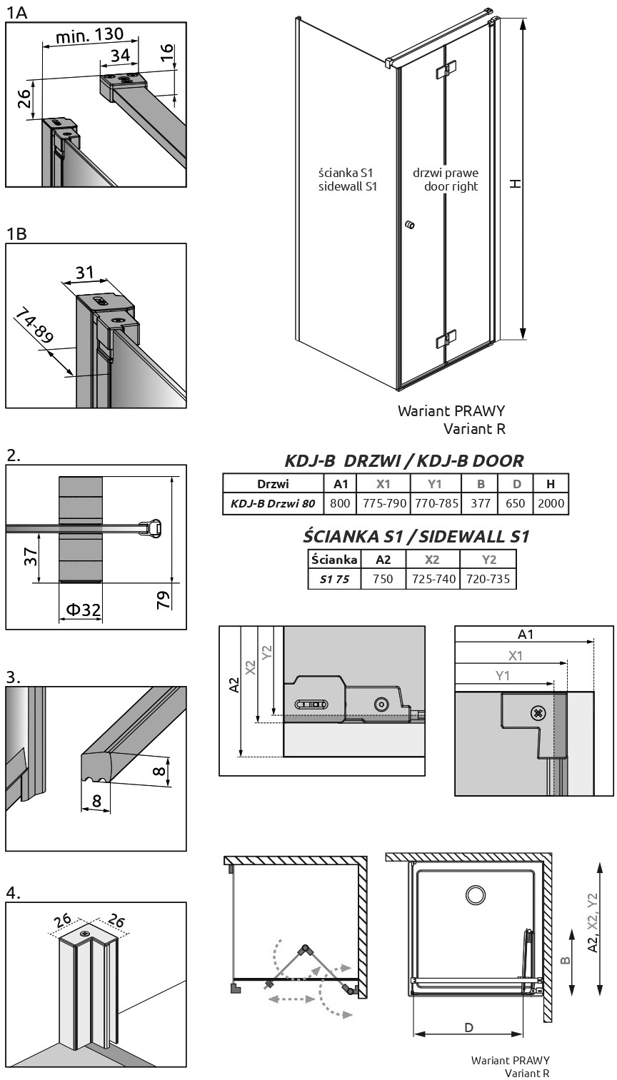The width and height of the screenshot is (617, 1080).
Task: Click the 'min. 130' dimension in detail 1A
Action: tap(90, 35)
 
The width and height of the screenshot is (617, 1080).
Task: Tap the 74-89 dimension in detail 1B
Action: tap(34, 326)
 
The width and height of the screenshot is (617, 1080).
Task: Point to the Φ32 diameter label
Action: tap(83, 610)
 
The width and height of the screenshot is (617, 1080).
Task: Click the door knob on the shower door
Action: tap(410, 225)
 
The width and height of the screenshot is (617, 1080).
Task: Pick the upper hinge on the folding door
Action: tap(446, 70)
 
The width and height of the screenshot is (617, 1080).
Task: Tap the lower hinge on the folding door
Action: tap(446, 338)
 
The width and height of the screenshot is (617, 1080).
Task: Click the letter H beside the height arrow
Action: tap(516, 183)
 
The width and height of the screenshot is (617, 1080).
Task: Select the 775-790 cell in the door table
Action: tap(384, 503)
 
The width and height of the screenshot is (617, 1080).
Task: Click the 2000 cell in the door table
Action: tap(551, 503)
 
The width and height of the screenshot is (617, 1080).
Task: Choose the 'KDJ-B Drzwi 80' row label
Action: tap(273, 504)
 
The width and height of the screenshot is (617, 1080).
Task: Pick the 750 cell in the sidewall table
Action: tap(383, 579)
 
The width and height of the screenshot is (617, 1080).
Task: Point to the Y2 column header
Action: tap(489, 560)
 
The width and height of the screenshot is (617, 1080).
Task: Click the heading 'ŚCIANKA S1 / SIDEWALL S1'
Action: tap(416, 537)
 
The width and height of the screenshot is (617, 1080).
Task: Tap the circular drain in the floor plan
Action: tap(476, 895)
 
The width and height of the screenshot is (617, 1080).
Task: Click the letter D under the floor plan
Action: tap(468, 1028)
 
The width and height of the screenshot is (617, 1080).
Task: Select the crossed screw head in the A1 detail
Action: tap(538, 713)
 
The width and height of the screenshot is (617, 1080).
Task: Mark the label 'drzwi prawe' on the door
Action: tap(446, 173)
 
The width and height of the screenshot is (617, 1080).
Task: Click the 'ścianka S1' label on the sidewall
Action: tap(346, 172)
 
